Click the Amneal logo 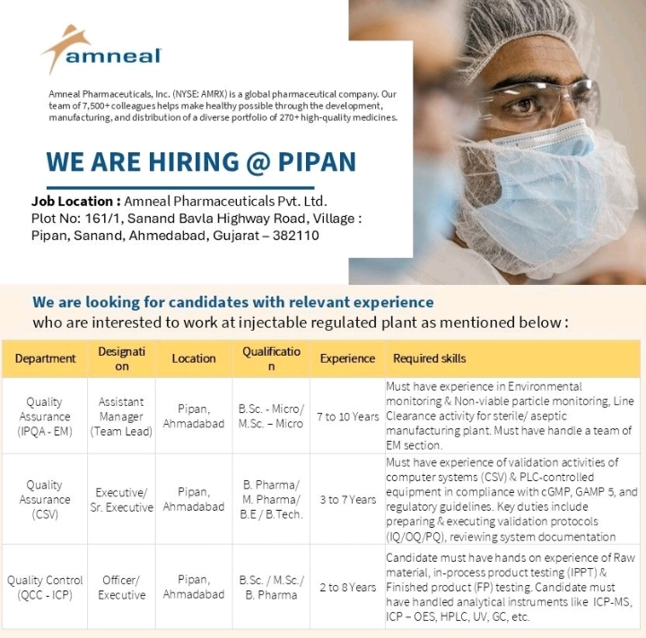click(x=100, y=50)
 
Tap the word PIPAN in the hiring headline click(x=317, y=161)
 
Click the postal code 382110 click(x=296, y=236)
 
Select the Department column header click(x=46, y=358)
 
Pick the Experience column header click(x=347, y=358)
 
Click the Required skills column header click(x=429, y=358)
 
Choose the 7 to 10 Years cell click(x=348, y=417)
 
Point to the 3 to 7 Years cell click(x=348, y=499)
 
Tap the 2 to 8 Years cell click(x=348, y=587)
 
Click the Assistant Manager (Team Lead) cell click(x=121, y=417)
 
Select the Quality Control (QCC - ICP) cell click(x=45, y=588)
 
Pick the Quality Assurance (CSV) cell click(x=45, y=499)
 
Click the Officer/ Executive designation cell click(x=121, y=588)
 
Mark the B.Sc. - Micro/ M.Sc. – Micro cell click(x=271, y=417)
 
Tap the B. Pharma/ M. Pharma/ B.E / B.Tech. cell click(x=271, y=499)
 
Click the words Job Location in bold click(x=72, y=201)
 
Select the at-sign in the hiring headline click(x=258, y=162)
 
